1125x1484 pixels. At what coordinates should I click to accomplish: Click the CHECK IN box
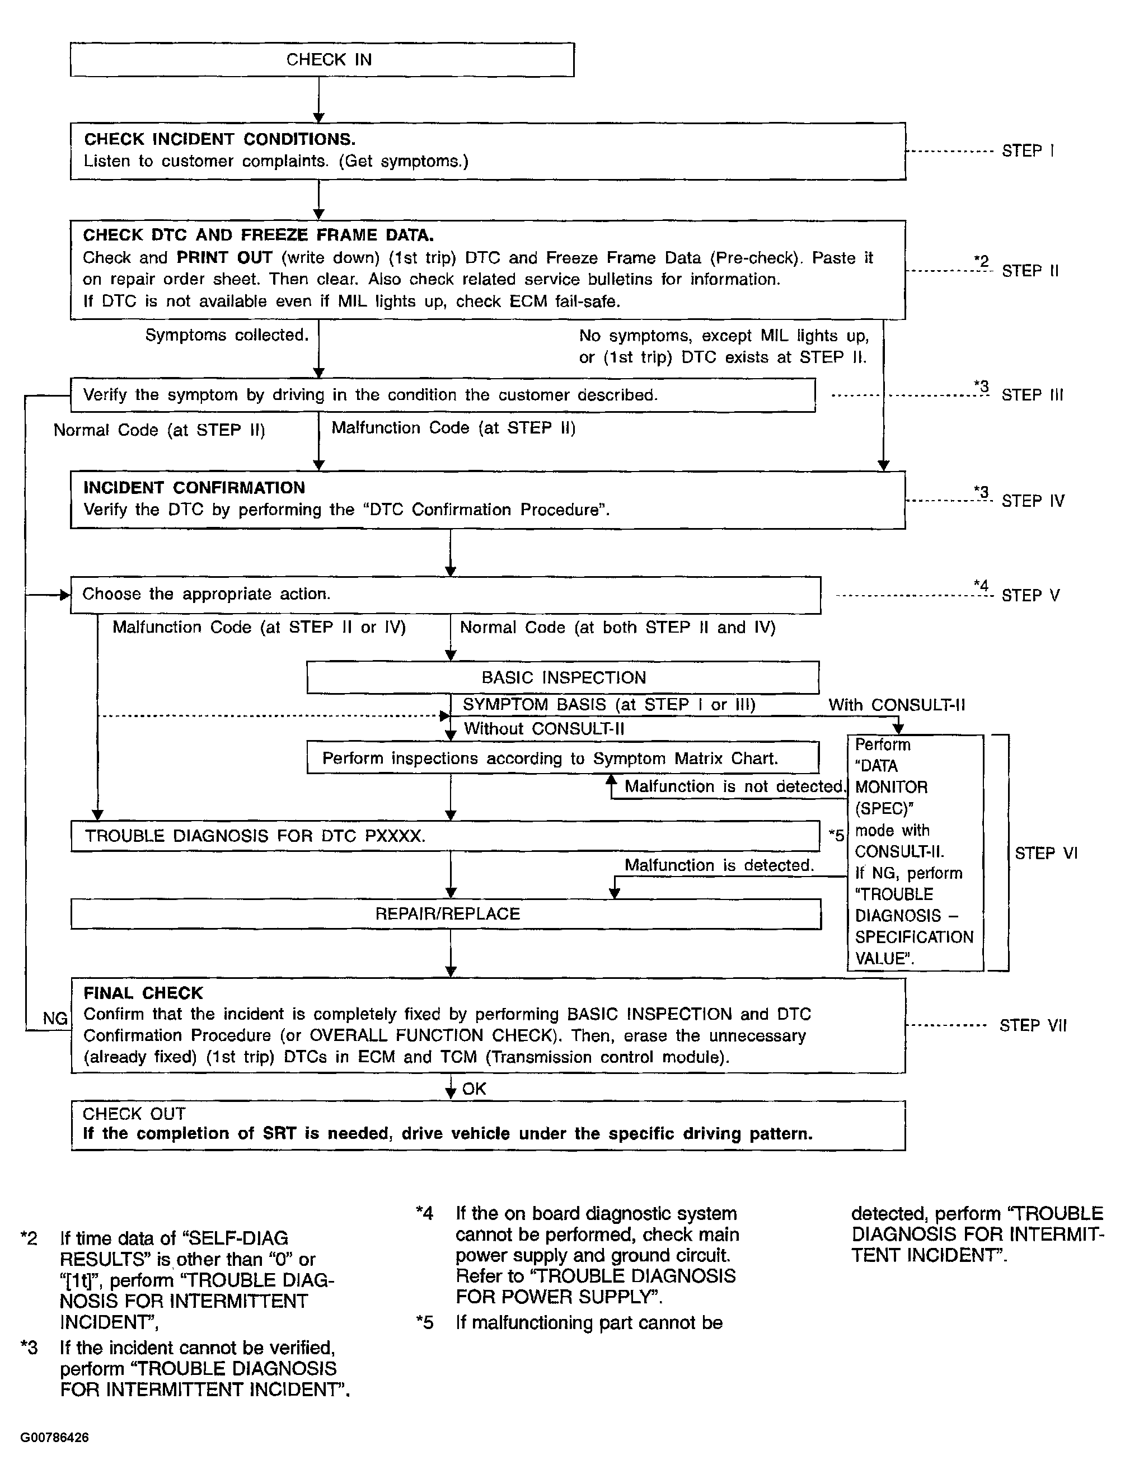(x=322, y=60)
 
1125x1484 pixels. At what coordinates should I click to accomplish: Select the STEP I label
(x=1028, y=151)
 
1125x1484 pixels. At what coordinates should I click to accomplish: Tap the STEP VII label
(x=1032, y=1025)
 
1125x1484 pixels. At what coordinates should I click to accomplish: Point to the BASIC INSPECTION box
(x=562, y=677)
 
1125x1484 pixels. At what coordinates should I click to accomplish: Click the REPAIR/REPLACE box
(x=447, y=914)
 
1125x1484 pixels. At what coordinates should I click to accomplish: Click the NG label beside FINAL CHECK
(x=55, y=1019)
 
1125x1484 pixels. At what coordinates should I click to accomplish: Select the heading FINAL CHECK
(x=143, y=993)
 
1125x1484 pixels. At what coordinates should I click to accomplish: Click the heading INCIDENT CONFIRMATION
(x=194, y=488)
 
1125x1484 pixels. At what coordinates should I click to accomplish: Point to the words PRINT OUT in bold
(x=224, y=258)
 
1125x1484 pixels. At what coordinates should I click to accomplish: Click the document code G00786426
(x=54, y=1437)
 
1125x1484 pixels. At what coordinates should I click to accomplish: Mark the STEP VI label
(x=1046, y=854)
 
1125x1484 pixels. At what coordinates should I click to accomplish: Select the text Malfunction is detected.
(x=719, y=865)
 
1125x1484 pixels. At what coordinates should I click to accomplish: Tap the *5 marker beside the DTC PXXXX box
(x=836, y=835)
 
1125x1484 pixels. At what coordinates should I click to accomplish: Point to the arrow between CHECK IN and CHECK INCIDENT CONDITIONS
(x=319, y=101)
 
